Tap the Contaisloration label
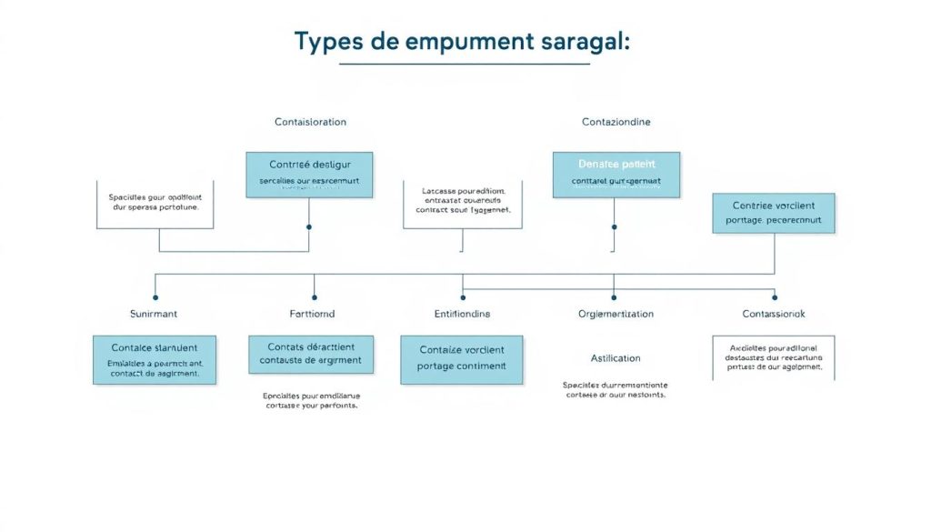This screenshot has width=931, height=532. pos(310,122)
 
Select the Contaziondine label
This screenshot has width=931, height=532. pos(616,122)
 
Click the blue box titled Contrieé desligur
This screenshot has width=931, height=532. pos(309,175)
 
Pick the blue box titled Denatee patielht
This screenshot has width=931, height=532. pos(616,175)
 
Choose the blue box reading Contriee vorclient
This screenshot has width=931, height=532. pos(773,213)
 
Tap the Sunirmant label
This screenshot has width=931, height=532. pos(155,314)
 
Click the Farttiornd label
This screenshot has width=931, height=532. pos(312,314)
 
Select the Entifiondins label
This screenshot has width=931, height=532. pos(462,314)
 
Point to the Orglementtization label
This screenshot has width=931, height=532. pos(616,314)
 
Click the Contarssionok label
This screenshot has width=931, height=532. pos(773,314)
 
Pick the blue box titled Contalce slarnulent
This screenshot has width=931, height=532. pos(155,359)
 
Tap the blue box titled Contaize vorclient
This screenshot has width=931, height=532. pos(462,358)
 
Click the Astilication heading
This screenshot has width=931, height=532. pos(616,358)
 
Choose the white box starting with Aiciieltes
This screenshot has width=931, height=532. pos(773,357)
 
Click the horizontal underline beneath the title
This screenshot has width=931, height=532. pos(464,65)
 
